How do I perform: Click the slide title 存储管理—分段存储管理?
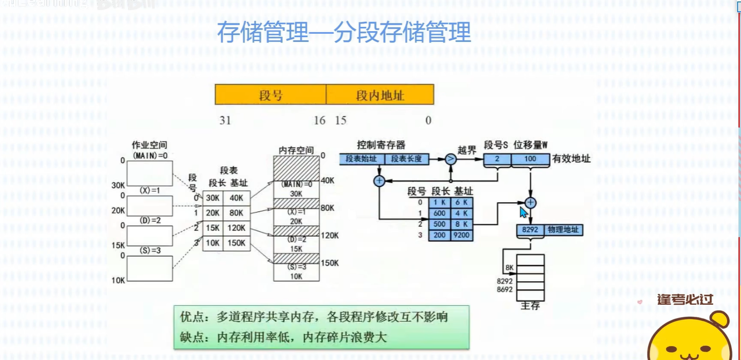pyautogui.click(x=343, y=33)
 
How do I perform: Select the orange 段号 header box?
pyautogui.click(x=270, y=95)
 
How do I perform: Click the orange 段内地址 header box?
pyautogui.click(x=380, y=95)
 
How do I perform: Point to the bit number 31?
pyautogui.click(x=225, y=120)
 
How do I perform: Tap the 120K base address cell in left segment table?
pyautogui.click(x=236, y=228)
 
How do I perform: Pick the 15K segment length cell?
pyautogui.click(x=213, y=228)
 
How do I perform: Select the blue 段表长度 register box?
pyautogui.click(x=406, y=159)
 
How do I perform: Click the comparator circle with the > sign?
pyautogui.click(x=450, y=159)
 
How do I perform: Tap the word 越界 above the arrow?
pyautogui.click(x=467, y=150)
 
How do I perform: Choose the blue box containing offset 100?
pyautogui.click(x=530, y=159)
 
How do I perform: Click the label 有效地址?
pyautogui.click(x=571, y=159)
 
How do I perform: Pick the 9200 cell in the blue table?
pyautogui.click(x=461, y=235)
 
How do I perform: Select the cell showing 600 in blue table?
pyautogui.click(x=439, y=214)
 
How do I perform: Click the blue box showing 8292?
pyautogui.click(x=530, y=230)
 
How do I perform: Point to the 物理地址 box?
pyautogui.click(x=563, y=230)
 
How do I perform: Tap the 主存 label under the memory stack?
pyautogui.click(x=530, y=305)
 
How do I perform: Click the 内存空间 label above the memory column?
pyautogui.click(x=296, y=150)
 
